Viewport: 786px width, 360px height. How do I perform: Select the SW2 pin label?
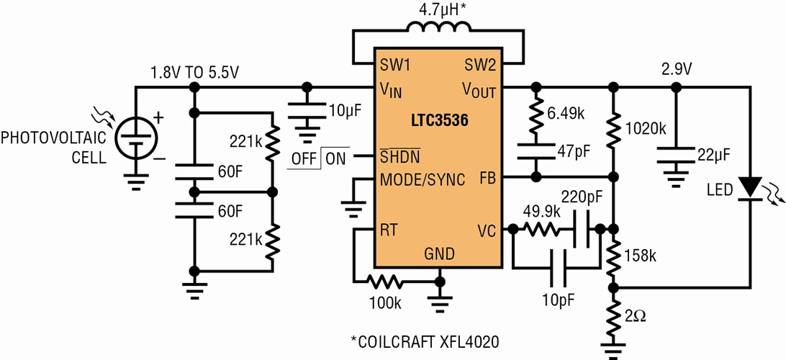tap(480, 66)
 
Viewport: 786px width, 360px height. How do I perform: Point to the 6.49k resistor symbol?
tap(535, 115)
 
